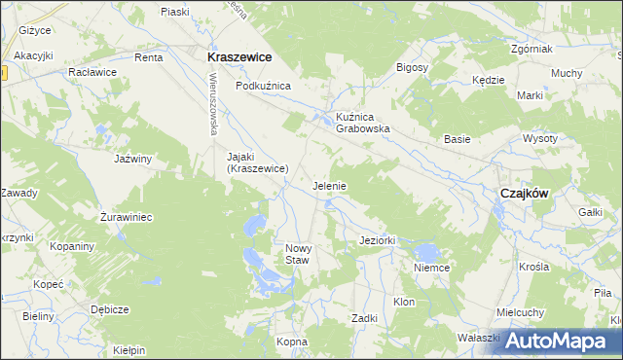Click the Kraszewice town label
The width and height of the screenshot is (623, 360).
point(238,57)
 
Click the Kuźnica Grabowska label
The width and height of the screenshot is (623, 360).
point(363,122)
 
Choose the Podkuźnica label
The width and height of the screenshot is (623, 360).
point(263,86)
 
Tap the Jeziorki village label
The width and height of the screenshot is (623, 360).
point(376,240)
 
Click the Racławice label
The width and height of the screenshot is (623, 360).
point(92,72)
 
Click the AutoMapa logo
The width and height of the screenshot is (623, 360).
point(557,341)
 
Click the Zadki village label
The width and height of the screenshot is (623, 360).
point(365,318)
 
